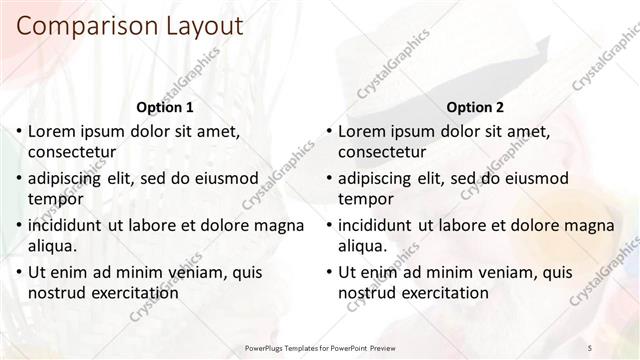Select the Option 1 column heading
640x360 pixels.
(164, 107)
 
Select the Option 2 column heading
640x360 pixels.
(476, 107)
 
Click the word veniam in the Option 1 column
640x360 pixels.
(181, 272)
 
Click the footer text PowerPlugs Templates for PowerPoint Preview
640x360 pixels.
(320, 348)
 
